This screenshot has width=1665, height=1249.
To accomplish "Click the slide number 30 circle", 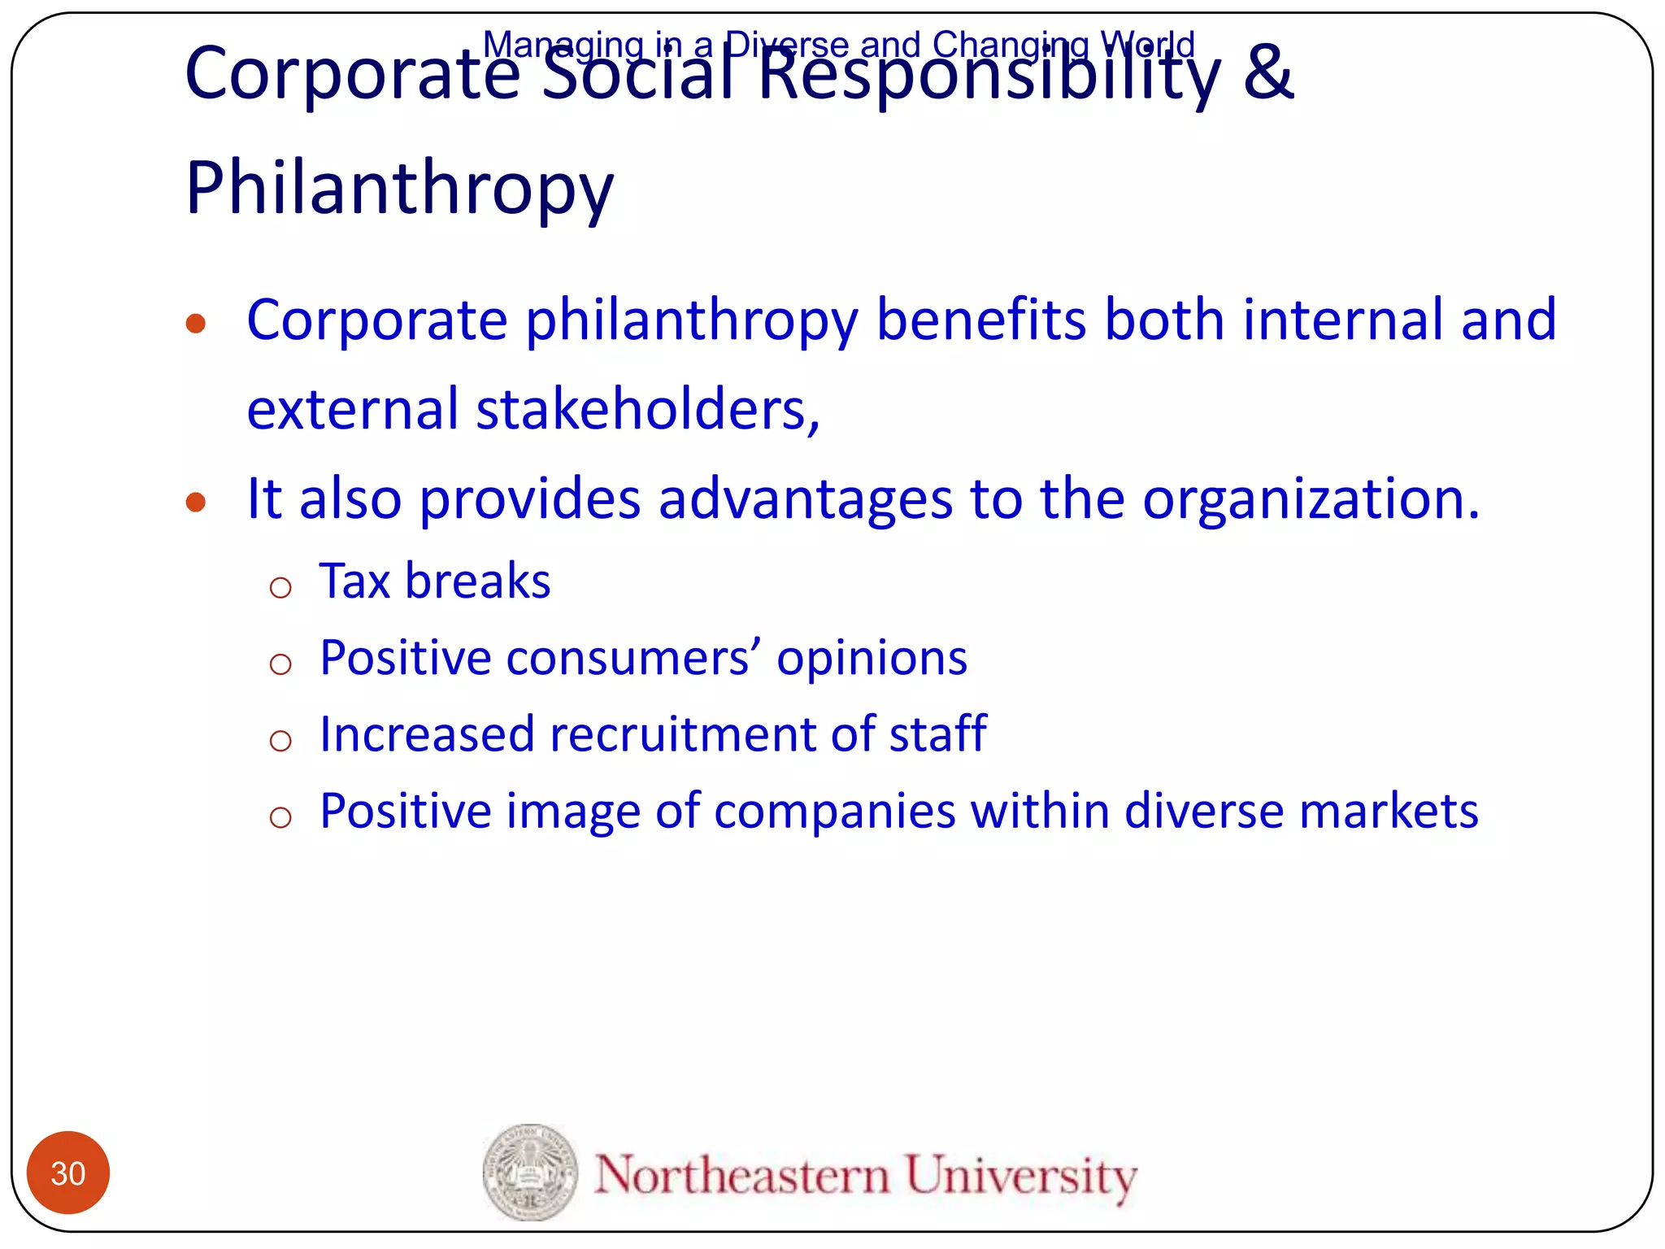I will coord(68,1173).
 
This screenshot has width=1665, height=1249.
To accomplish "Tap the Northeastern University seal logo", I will coord(530,1172).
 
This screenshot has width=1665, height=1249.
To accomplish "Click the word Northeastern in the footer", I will coord(741,1174).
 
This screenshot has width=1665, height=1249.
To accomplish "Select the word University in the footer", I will coord(1021,1176).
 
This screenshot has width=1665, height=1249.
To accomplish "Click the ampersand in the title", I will coord(1267,73).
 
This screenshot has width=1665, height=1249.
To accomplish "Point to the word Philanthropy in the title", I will coord(399,189).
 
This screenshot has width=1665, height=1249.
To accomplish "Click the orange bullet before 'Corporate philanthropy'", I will coord(195,324).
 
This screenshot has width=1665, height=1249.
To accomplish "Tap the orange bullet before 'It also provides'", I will coord(195,503).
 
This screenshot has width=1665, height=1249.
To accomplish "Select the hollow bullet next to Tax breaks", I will coord(280,587).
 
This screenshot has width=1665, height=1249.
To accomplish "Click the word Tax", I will coord(354,581).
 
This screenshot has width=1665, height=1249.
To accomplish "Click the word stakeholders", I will coord(646,408).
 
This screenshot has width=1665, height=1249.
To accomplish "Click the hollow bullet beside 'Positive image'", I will coord(280,816).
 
